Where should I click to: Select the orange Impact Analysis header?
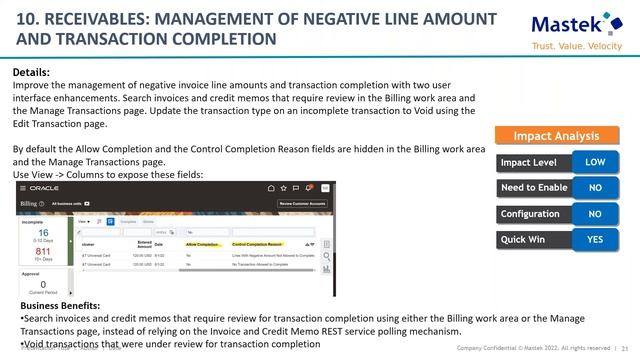[556, 136]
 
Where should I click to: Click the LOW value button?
[594, 162]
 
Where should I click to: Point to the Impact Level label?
[531, 162]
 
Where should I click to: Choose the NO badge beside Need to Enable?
[594, 188]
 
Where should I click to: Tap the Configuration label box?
[531, 214]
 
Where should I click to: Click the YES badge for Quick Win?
[594, 240]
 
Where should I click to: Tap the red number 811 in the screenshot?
[43, 251]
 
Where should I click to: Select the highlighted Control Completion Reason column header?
[258, 243]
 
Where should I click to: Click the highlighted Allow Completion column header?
[202, 243]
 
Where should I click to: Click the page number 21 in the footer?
[625, 347]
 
